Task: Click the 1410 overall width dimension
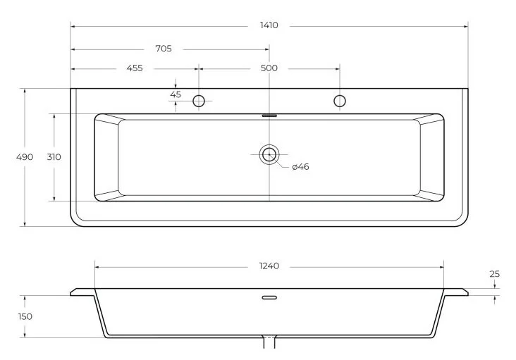pyautogui.click(x=269, y=25)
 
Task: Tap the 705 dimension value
pyautogui.click(x=164, y=49)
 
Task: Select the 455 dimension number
pyautogui.click(x=135, y=68)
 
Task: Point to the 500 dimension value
pyautogui.click(x=269, y=68)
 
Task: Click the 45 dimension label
pyautogui.click(x=176, y=94)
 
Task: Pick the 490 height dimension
pyautogui.click(x=25, y=157)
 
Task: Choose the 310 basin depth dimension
pyautogui.click(x=54, y=157)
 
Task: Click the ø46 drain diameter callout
pyautogui.click(x=301, y=167)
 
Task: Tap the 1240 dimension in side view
pyautogui.click(x=269, y=266)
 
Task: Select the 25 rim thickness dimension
pyautogui.click(x=495, y=274)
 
